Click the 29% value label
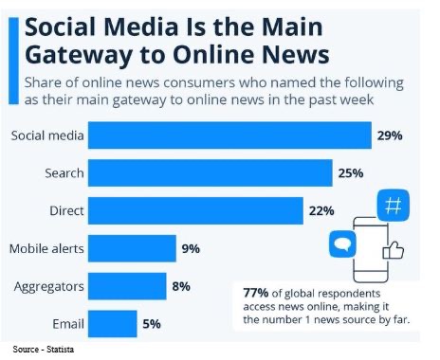click(389, 136)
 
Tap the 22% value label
click(321, 210)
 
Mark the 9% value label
click(191, 248)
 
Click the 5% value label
click(152, 322)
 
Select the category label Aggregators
click(48, 285)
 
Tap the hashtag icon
click(392, 207)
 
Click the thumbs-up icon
click(393, 250)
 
